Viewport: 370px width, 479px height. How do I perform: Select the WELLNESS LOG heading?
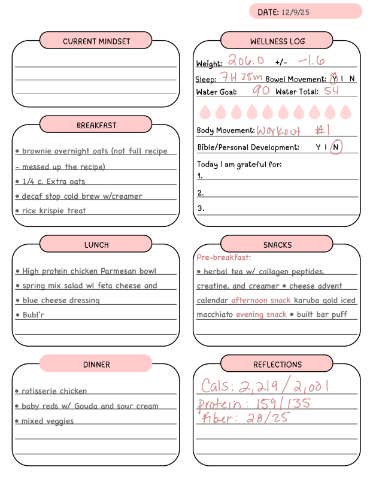click(x=277, y=41)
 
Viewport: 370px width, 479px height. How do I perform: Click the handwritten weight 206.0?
click(x=245, y=60)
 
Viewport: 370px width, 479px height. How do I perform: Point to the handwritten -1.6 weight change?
click(x=311, y=60)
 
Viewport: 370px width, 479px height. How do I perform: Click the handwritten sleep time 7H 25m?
click(x=241, y=77)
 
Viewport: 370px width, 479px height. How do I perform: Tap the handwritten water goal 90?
click(x=260, y=91)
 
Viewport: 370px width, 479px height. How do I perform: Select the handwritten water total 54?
click(x=332, y=91)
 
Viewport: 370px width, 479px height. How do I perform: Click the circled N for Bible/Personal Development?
click(x=336, y=147)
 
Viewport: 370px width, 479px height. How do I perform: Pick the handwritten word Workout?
click(x=279, y=131)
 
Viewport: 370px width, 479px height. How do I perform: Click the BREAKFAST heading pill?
click(x=96, y=125)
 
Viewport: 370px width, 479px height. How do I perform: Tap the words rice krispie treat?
click(x=54, y=211)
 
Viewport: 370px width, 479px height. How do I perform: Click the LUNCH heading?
click(x=96, y=245)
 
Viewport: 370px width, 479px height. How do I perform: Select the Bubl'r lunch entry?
click(x=33, y=315)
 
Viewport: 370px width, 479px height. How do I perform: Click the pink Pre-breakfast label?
click(x=223, y=257)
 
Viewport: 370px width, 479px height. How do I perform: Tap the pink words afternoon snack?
click(x=261, y=300)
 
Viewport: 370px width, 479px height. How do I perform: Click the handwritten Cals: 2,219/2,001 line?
click(x=265, y=385)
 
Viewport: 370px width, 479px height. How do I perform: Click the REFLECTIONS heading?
click(x=277, y=364)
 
